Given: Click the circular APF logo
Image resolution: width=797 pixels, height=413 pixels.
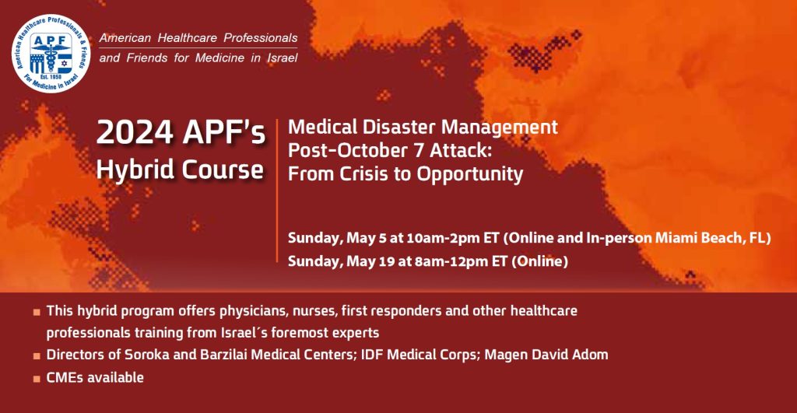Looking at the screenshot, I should (52, 52).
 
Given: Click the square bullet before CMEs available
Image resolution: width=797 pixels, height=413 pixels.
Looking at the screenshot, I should (37, 379).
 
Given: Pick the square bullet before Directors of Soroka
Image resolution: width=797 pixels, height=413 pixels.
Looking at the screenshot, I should (37, 356).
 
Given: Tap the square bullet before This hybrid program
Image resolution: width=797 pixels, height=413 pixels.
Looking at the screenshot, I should (37, 312).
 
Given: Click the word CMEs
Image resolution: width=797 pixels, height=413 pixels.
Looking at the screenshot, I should (65, 378).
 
